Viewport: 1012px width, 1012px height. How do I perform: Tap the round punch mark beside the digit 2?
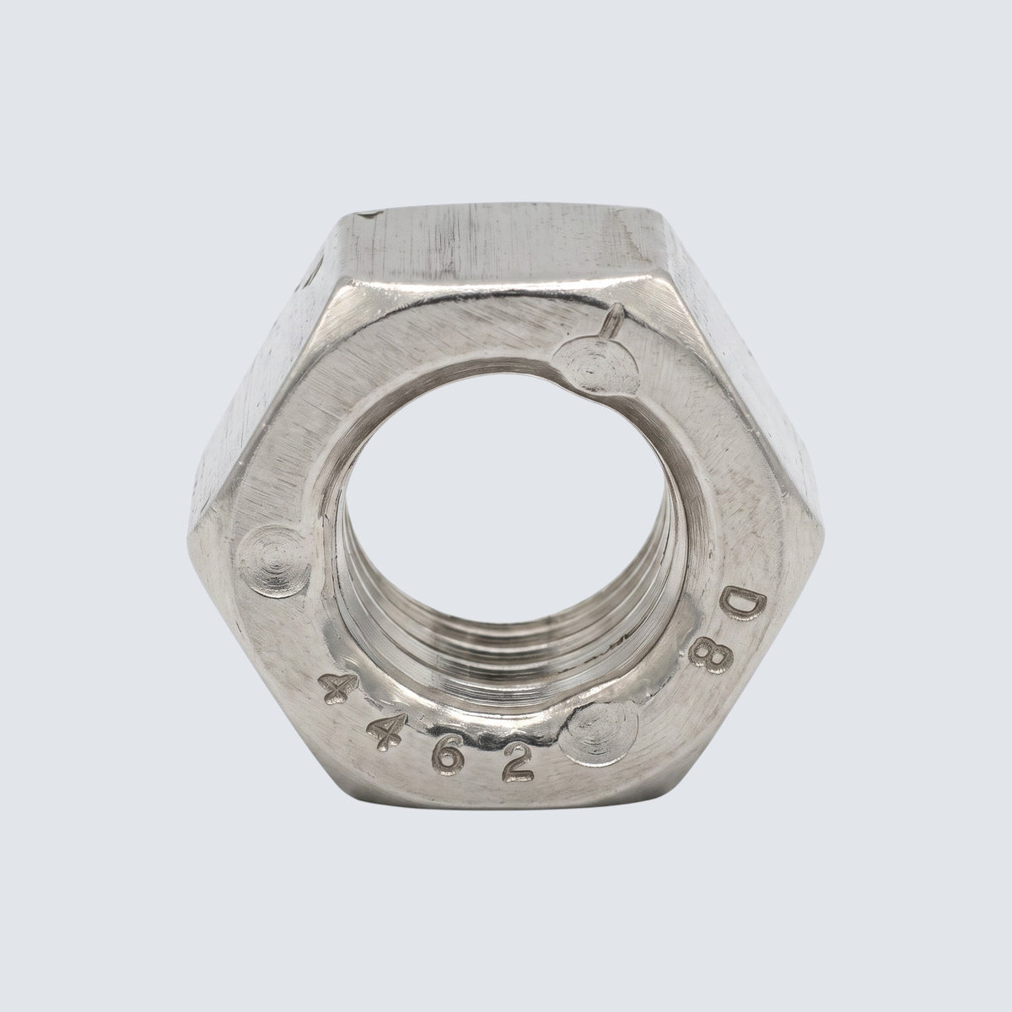[600, 734]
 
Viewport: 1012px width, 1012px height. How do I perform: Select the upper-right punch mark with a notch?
[596, 365]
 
